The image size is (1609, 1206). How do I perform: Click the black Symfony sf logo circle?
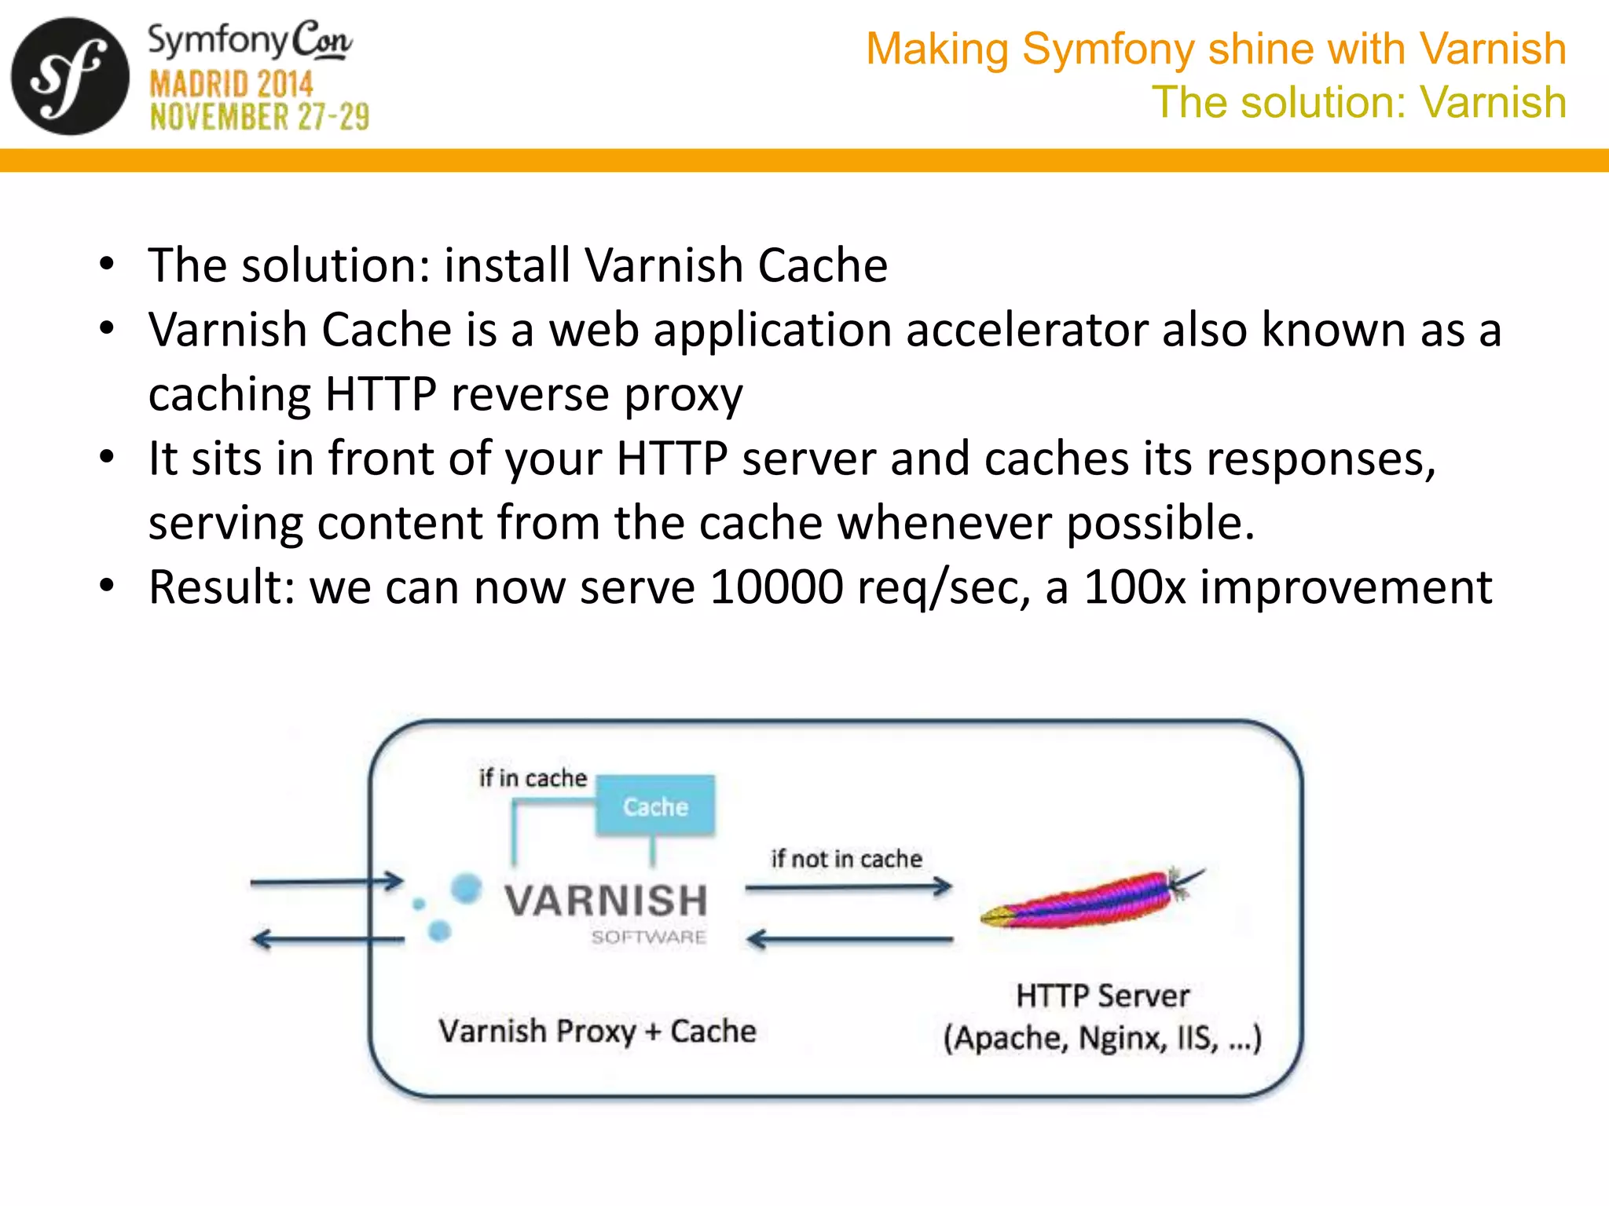(x=69, y=76)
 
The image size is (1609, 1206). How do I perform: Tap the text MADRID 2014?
(x=231, y=84)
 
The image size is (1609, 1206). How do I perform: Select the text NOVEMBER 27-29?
(x=259, y=117)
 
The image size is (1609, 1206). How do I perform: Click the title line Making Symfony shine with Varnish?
(x=1215, y=49)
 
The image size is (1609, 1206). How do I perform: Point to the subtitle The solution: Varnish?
(x=1358, y=102)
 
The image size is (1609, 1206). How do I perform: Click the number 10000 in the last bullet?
(x=775, y=587)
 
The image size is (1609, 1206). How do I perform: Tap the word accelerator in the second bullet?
(x=1026, y=330)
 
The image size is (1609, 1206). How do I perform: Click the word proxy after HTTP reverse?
(x=683, y=394)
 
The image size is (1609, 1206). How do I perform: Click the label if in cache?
(x=533, y=778)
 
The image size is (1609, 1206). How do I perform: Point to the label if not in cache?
(x=846, y=859)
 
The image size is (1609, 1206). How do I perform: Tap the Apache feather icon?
(x=1092, y=901)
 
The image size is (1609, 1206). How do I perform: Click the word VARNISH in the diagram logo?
(x=606, y=901)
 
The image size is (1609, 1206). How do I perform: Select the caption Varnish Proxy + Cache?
(x=597, y=1031)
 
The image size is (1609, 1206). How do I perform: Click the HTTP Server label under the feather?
(x=1102, y=996)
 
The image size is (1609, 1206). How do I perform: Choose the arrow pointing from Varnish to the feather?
(x=848, y=888)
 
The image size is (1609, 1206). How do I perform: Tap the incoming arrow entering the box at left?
(x=326, y=882)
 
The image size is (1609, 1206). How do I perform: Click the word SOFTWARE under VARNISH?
(x=648, y=937)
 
